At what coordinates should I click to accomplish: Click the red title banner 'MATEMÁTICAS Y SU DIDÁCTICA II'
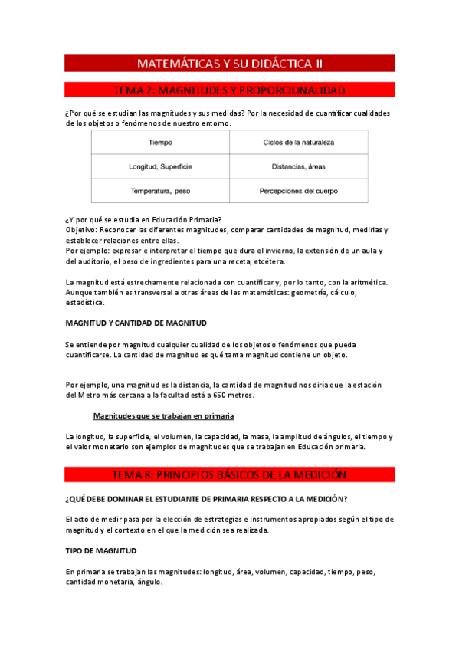pos(229,63)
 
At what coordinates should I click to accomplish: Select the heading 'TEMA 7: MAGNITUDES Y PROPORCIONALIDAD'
pos(229,90)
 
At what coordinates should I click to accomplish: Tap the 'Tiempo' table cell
pos(160,143)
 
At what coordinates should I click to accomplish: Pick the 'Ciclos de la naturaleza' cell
pos(298,143)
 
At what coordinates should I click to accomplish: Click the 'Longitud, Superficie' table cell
pos(160,166)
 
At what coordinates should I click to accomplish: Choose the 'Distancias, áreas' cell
pos(298,166)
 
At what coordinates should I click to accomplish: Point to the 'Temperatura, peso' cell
pos(160,191)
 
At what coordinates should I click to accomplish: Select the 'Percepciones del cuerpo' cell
pos(298,191)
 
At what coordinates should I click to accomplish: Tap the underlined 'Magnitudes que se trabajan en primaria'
pos(163,415)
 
